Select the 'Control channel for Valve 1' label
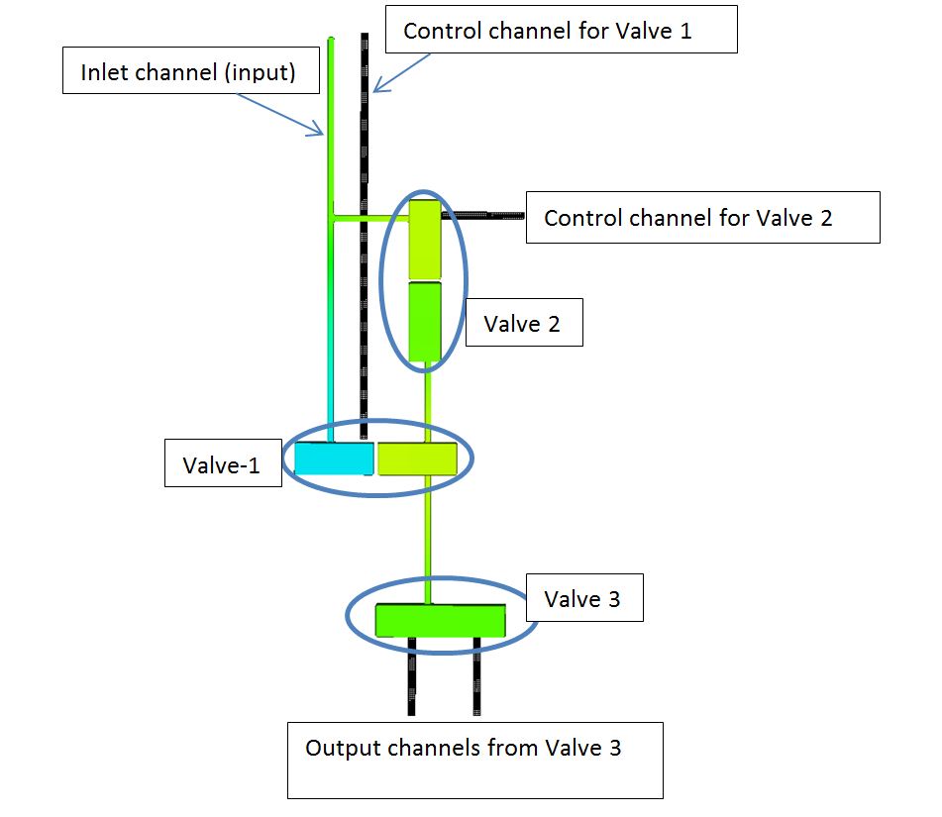pyautogui.click(x=562, y=30)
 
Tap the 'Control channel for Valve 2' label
pyautogui.click(x=702, y=218)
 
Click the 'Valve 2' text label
pyautogui.click(x=523, y=324)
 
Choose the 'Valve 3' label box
pyautogui.click(x=583, y=598)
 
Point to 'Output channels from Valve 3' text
pyautogui.click(x=464, y=748)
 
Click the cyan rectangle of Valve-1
pyautogui.click(x=334, y=460)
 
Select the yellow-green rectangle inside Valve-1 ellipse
pyautogui.click(x=417, y=460)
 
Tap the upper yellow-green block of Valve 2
pyautogui.click(x=424, y=240)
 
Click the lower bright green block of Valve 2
pyautogui.click(x=424, y=322)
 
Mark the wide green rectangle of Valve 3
pyautogui.click(x=441, y=620)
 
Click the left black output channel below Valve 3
pyautogui.click(x=411, y=678)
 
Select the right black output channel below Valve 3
pyautogui.click(x=476, y=678)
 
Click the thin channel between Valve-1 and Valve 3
pyautogui.click(x=428, y=535)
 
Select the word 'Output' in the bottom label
pyautogui.click(x=341, y=748)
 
